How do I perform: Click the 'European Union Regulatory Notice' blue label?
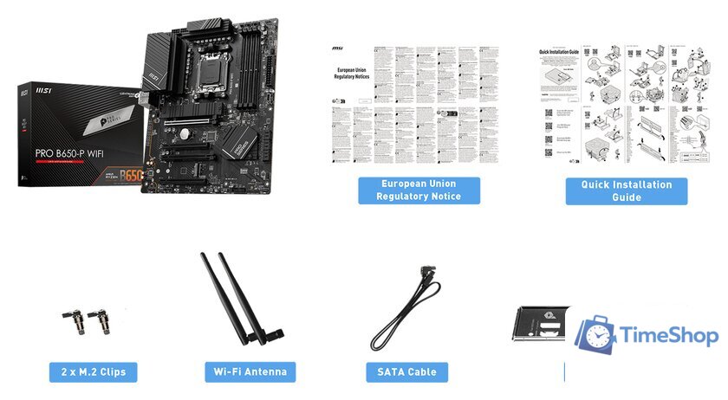tap(419, 190)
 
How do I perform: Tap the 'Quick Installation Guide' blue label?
tap(626, 190)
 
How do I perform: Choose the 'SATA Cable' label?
tap(406, 372)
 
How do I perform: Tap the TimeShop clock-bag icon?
tap(595, 335)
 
